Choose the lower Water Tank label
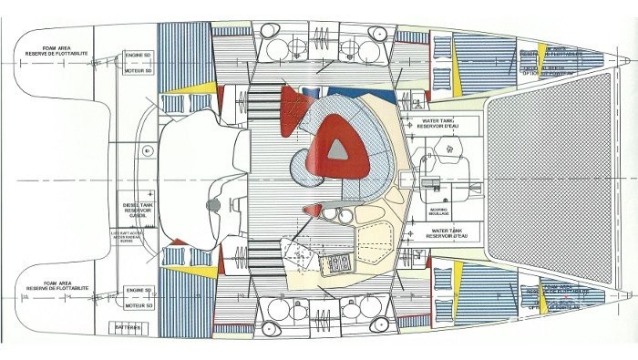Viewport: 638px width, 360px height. pos(435,234)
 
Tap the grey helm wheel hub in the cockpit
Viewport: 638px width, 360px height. pos(211,206)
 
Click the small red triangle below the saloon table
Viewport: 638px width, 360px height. pos(313,211)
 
